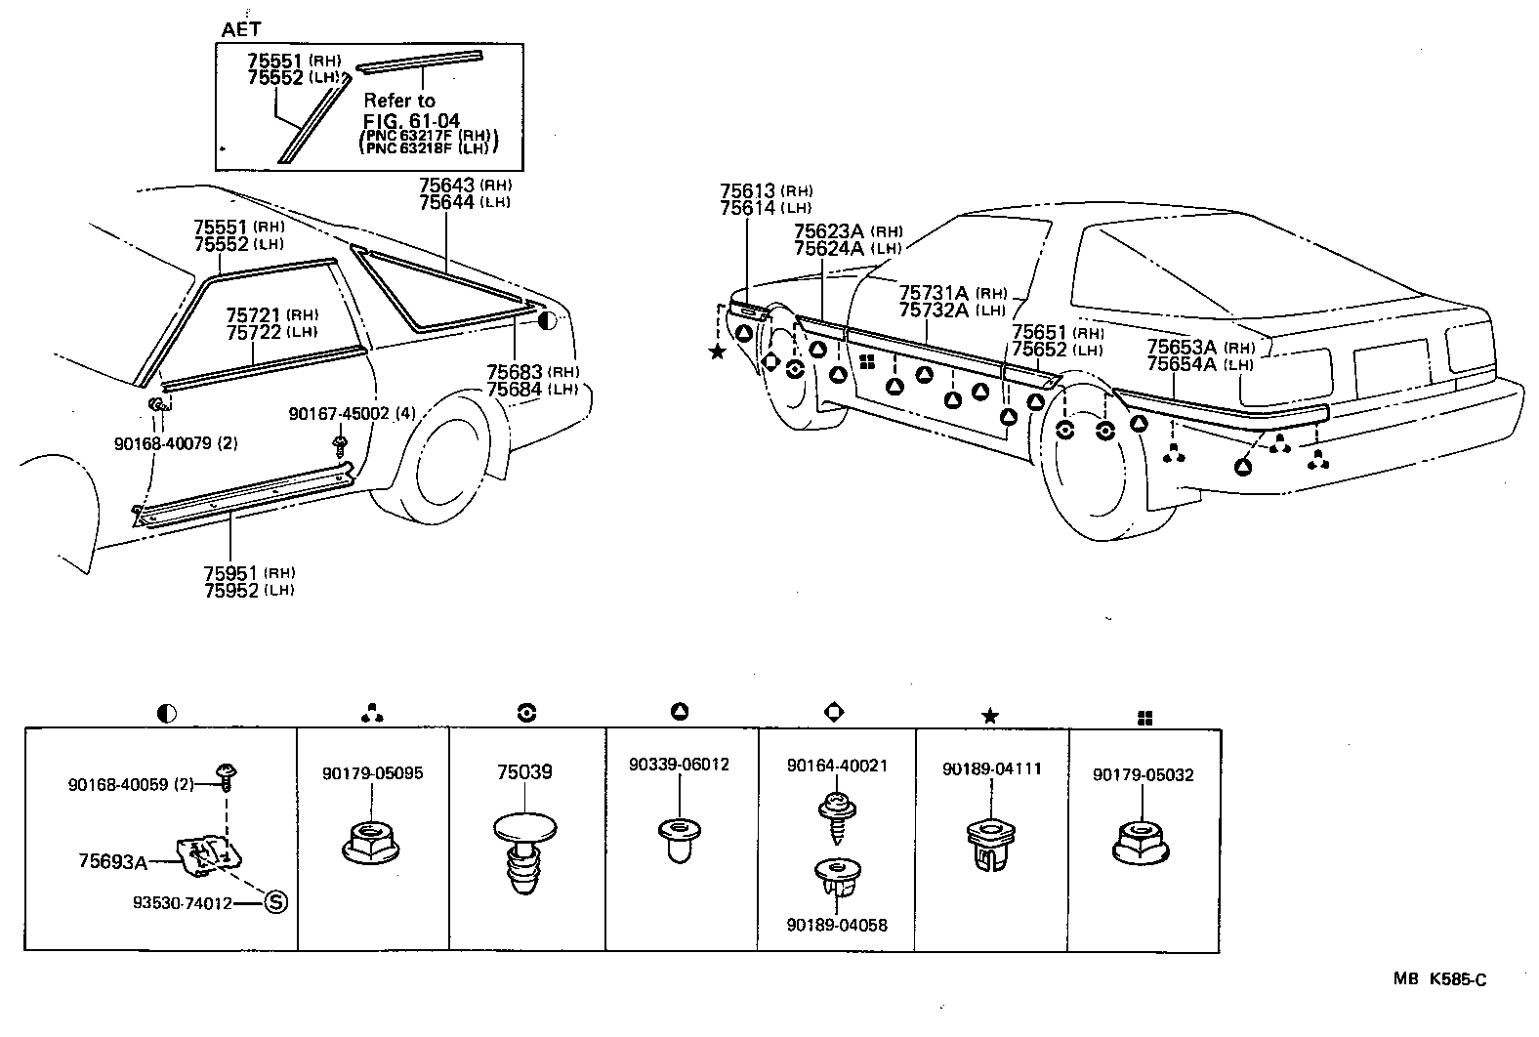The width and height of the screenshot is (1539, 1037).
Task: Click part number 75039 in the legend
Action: coord(524,772)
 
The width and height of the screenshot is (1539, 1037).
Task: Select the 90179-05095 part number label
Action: coord(372,773)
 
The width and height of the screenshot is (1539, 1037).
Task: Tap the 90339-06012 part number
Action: coord(679,765)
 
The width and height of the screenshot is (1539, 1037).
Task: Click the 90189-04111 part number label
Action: coord(991,768)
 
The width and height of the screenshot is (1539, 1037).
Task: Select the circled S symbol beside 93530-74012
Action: coord(275,903)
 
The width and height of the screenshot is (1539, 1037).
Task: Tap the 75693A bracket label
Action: coord(112,861)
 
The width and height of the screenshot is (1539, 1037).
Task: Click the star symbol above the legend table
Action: coord(989,717)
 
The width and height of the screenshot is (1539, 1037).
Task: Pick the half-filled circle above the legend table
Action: coord(166,714)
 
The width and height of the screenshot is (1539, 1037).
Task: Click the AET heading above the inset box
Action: coord(240,30)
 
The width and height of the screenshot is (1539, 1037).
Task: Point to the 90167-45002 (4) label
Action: coord(353,414)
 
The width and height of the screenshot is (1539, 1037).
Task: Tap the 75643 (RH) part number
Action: coord(446,186)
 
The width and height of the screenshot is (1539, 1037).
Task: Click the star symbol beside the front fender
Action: coord(718,352)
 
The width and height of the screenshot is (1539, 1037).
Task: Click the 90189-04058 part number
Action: coord(837,924)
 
